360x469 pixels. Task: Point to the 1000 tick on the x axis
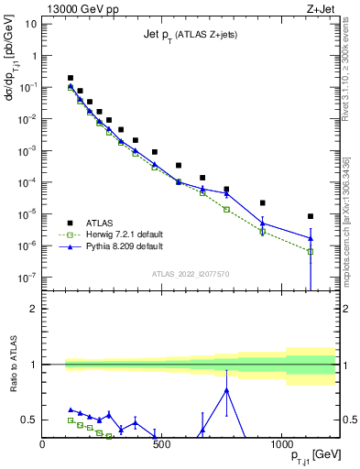pyautogui.click(x=280, y=445)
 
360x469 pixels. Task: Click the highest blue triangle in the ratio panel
pyautogui.click(x=226, y=390)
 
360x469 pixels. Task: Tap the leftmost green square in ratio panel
pyautogui.click(x=71, y=420)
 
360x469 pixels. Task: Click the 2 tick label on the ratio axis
pyautogui.click(x=33, y=309)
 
